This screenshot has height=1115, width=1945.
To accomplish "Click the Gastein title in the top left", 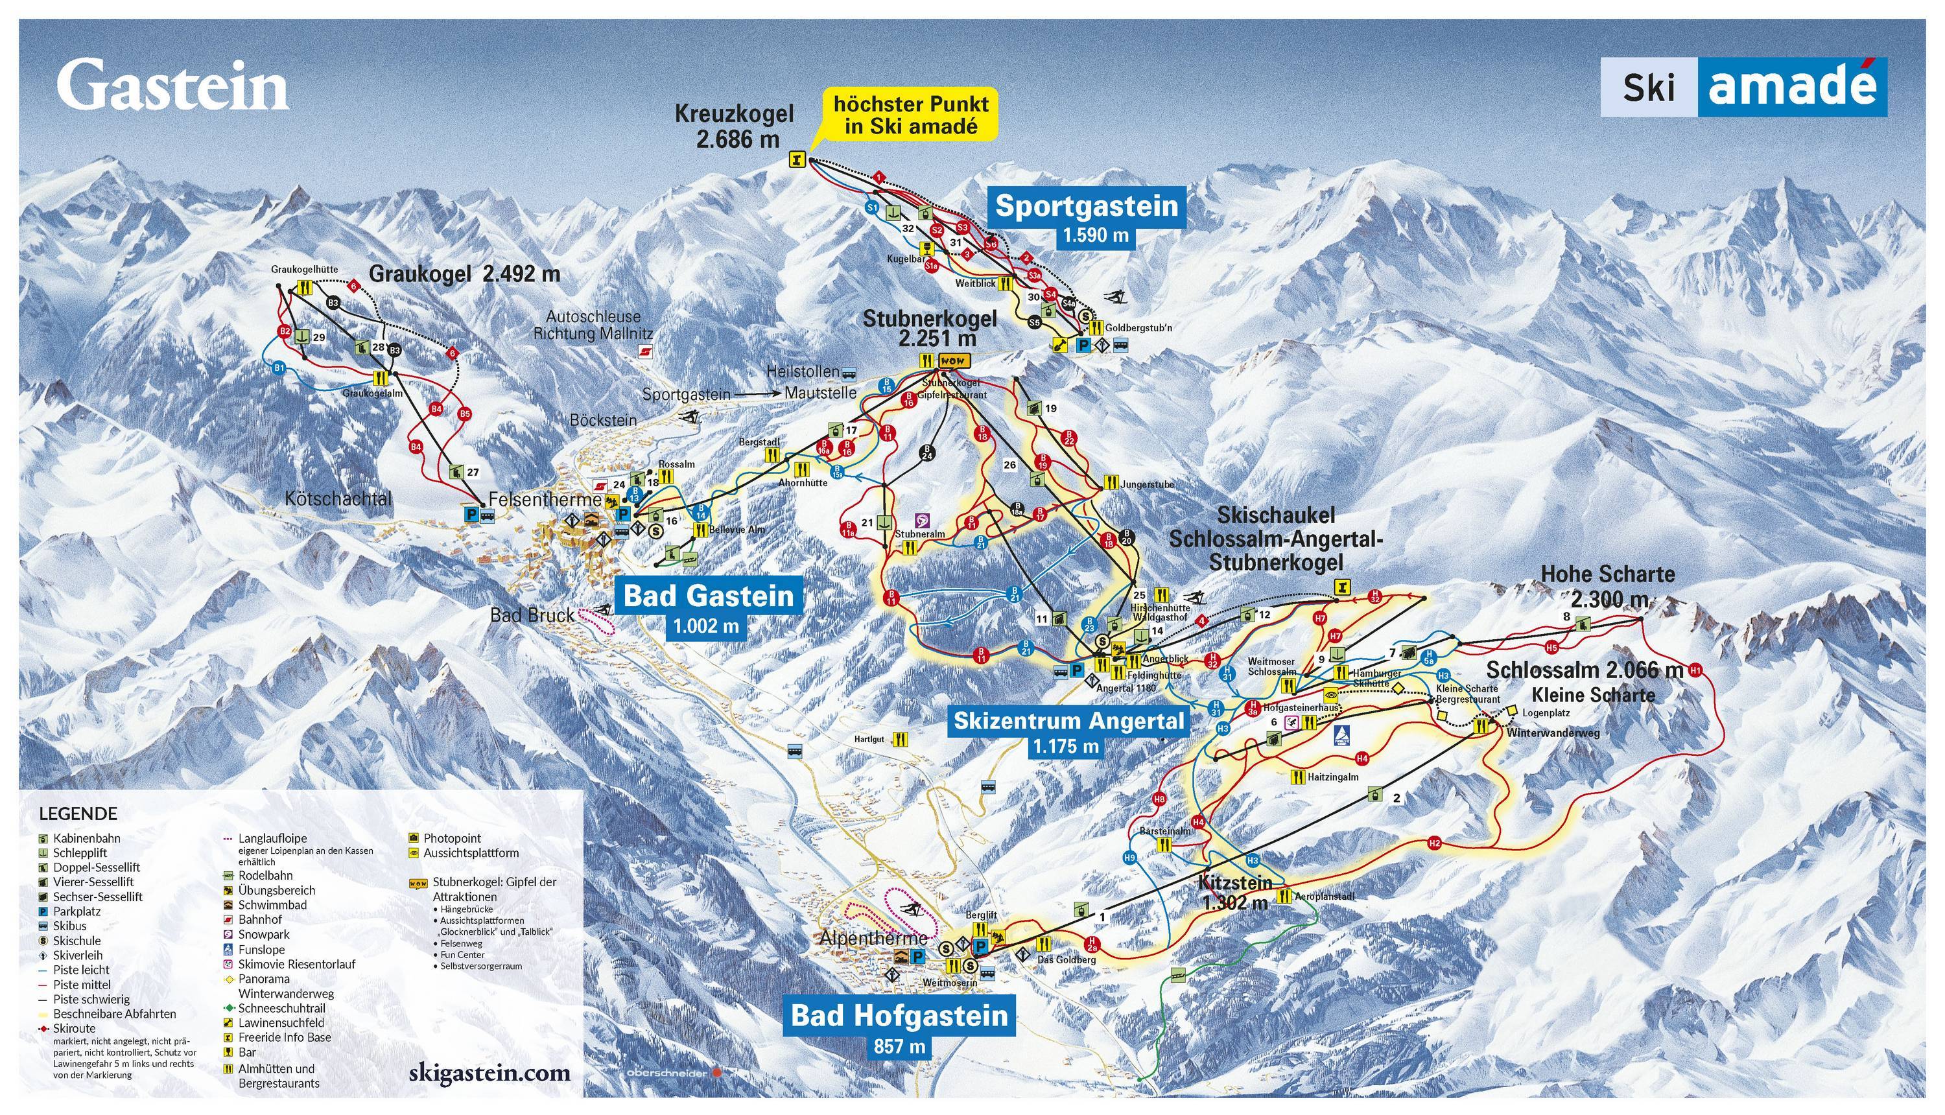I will pyautogui.click(x=172, y=86).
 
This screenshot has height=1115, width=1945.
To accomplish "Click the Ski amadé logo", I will pyautogui.click(x=1743, y=88).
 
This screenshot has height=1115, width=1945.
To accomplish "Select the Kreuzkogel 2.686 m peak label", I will pyautogui.click(x=733, y=126).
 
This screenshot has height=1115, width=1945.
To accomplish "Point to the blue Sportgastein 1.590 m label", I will pyautogui.click(x=1086, y=217).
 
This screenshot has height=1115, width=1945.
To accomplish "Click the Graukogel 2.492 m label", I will pyautogui.click(x=464, y=274).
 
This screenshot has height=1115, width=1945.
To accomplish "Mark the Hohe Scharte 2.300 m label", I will pyautogui.click(x=1607, y=586).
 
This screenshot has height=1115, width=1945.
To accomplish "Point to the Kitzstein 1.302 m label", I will pyautogui.click(x=1235, y=892).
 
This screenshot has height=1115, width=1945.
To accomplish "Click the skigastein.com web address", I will pyautogui.click(x=490, y=1072).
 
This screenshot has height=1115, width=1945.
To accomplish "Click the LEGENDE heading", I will pyautogui.click(x=78, y=814).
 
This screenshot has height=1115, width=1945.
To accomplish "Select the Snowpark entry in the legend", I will pyautogui.click(x=263, y=934).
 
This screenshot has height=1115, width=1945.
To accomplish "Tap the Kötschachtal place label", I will pyautogui.click(x=338, y=499).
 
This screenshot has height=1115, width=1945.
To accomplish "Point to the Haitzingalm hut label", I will pyautogui.click(x=1332, y=777).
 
